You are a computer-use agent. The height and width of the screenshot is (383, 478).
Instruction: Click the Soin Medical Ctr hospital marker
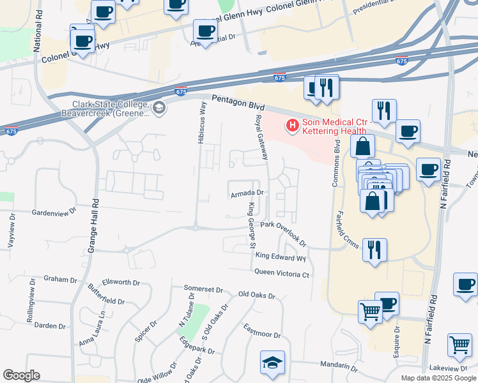(293, 126)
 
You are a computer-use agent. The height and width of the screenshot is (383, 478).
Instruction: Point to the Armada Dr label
(247, 192)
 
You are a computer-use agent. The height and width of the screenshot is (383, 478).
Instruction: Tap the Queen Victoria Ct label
(282, 274)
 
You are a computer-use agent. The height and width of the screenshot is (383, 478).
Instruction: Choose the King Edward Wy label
(281, 257)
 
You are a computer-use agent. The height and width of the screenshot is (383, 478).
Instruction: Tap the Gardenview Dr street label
(54, 210)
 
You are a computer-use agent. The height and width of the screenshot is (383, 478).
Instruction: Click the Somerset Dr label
(203, 289)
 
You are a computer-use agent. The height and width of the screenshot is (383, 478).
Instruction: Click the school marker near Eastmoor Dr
(272, 363)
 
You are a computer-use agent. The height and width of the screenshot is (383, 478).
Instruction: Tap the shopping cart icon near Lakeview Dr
(459, 345)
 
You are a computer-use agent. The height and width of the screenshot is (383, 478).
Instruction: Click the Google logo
(21, 375)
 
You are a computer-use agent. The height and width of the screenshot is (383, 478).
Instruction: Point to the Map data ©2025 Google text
(439, 378)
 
